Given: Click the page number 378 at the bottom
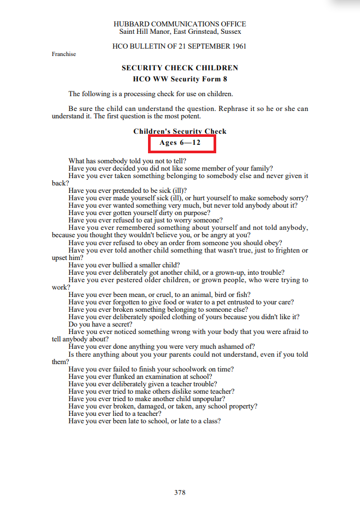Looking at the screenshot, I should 180,492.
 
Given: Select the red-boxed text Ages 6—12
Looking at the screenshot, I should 180,143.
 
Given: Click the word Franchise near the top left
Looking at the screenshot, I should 64,54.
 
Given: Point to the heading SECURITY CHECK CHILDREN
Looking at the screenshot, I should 180,68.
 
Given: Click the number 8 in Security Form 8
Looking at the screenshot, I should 226,79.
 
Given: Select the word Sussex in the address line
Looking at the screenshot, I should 230,32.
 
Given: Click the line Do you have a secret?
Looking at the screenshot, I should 100,324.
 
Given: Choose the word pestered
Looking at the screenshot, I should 128,280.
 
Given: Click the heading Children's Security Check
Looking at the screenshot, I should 180,132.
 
